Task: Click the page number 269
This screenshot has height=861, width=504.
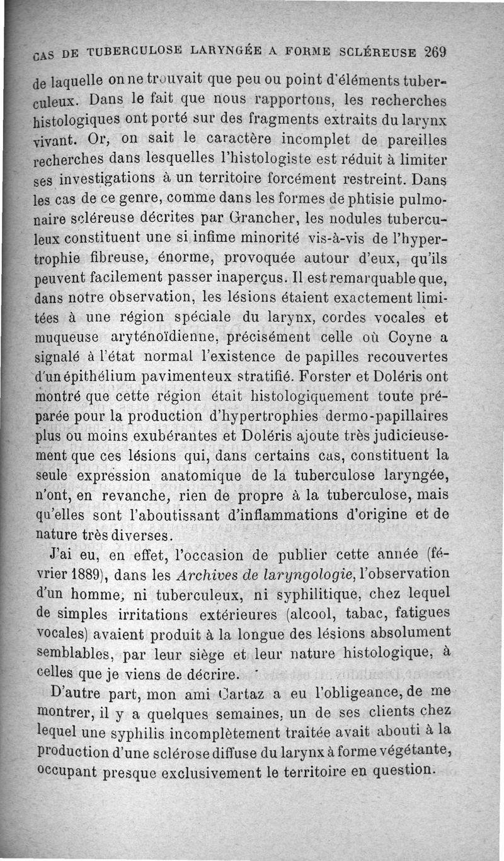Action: click(436, 53)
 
